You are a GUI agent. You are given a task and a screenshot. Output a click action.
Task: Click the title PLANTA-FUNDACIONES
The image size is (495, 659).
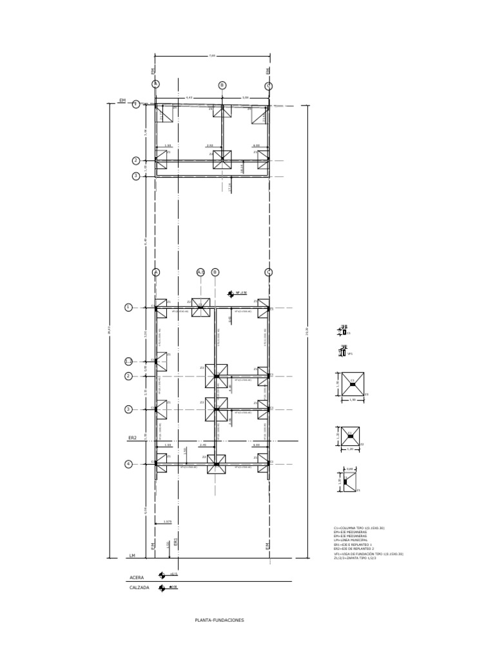click(219, 620)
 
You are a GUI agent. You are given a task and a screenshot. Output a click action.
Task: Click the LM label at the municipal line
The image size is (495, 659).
click(132, 555)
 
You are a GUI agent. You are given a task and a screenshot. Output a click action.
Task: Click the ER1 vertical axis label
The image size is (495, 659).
click(176, 544)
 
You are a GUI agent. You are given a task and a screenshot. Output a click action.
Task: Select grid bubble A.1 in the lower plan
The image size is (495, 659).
click(200, 272)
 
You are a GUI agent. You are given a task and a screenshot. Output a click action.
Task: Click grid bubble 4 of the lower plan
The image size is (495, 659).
click(128, 463)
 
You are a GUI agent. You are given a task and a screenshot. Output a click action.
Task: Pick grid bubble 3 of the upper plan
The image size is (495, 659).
click(136, 176)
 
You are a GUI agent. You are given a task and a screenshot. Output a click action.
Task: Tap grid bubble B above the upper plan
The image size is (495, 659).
click(222, 85)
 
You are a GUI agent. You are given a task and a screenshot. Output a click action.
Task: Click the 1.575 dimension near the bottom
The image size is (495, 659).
click(167, 522)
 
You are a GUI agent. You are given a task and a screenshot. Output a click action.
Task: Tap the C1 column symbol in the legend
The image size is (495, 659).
click(344, 332)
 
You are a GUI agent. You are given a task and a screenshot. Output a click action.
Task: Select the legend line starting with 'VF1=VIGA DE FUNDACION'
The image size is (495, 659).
click(368, 553)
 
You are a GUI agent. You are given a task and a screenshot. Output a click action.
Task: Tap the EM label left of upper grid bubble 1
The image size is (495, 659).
click(122, 101)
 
